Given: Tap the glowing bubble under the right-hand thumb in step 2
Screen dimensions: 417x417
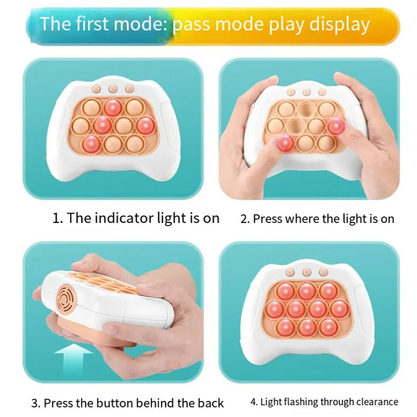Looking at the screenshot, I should coord(336,126).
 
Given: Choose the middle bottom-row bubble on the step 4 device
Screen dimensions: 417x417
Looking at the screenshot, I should coord(307,327).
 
